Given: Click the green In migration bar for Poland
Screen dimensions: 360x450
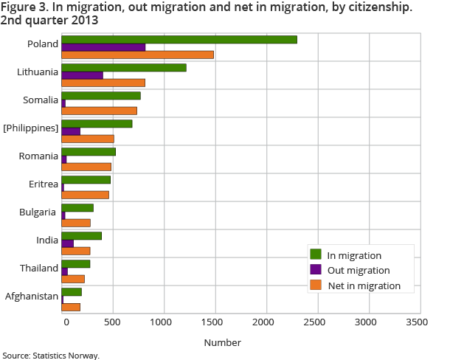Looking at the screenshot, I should coord(179,40).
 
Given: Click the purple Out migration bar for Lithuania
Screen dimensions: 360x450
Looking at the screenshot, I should coord(82,75).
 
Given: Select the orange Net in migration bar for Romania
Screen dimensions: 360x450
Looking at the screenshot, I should coord(86,167).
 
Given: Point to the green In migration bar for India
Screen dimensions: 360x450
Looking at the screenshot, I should coord(81,236).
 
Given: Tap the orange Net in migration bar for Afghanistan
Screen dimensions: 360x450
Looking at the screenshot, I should coord(71,307).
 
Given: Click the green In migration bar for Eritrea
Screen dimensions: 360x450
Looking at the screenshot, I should coord(86,180).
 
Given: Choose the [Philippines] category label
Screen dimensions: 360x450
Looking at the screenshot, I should coord(30,128).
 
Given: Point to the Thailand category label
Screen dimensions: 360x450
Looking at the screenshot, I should coord(40,269).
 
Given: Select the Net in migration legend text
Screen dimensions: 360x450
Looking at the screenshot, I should coord(364,285).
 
